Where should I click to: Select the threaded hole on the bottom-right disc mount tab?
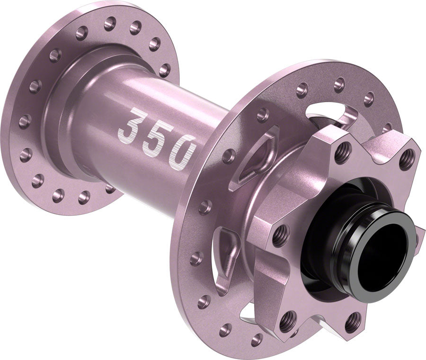point(353,322)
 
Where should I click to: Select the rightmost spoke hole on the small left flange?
point(164,70)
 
